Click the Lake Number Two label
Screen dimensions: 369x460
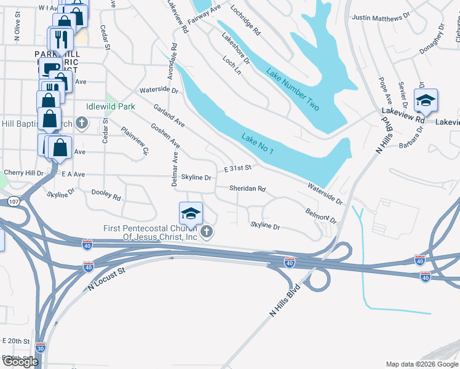click(293, 90)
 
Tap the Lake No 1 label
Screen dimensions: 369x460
click(258, 144)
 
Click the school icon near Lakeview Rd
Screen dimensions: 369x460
click(426, 100)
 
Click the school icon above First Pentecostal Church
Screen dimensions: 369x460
click(191, 213)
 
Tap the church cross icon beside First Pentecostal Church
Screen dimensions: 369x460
click(208, 232)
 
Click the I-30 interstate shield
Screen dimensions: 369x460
click(40, 347)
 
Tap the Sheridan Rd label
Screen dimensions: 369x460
click(248, 189)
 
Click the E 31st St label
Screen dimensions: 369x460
click(238, 168)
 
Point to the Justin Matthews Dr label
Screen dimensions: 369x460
click(379, 18)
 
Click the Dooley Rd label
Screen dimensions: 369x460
click(106, 195)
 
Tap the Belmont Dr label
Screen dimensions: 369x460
click(321, 215)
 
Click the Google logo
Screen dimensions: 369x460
click(20, 362)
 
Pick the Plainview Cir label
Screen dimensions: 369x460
click(135, 140)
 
